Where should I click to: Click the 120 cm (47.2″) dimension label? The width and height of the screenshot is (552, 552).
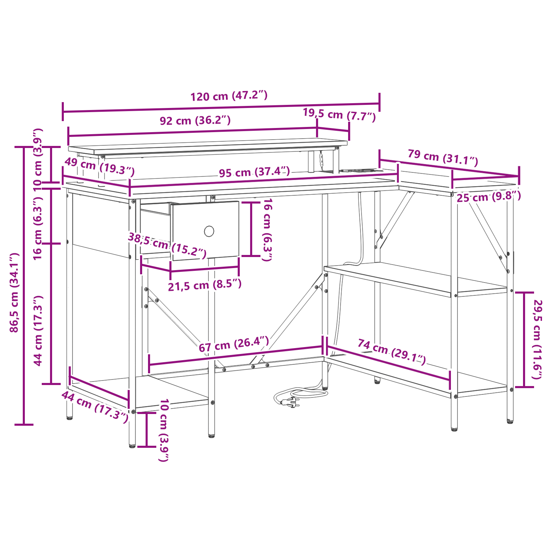229,96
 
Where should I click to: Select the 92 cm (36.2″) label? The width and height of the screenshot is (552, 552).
195,120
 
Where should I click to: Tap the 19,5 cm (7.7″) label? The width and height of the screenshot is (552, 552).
339,115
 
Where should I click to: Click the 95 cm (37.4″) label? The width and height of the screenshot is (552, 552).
254,172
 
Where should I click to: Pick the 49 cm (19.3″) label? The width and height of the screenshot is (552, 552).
99,167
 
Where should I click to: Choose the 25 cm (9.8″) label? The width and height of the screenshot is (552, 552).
489,197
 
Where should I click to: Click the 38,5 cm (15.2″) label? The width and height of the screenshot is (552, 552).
167,245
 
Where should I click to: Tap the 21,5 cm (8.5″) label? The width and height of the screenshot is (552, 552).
205,285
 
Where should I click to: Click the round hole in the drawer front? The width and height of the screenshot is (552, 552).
209,231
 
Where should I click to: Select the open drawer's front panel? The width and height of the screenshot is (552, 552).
206,230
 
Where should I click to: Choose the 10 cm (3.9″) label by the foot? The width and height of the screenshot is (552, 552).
164,430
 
